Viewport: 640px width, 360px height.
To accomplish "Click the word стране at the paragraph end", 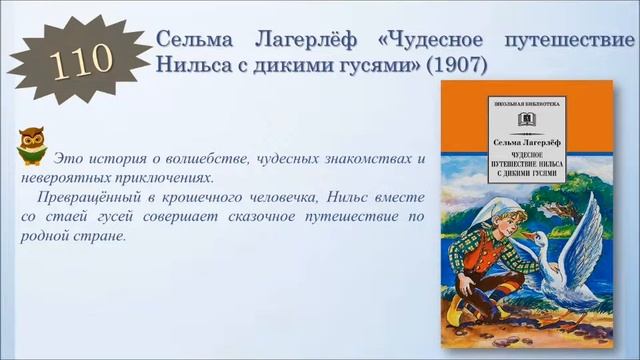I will pyautogui.click(x=105, y=238).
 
